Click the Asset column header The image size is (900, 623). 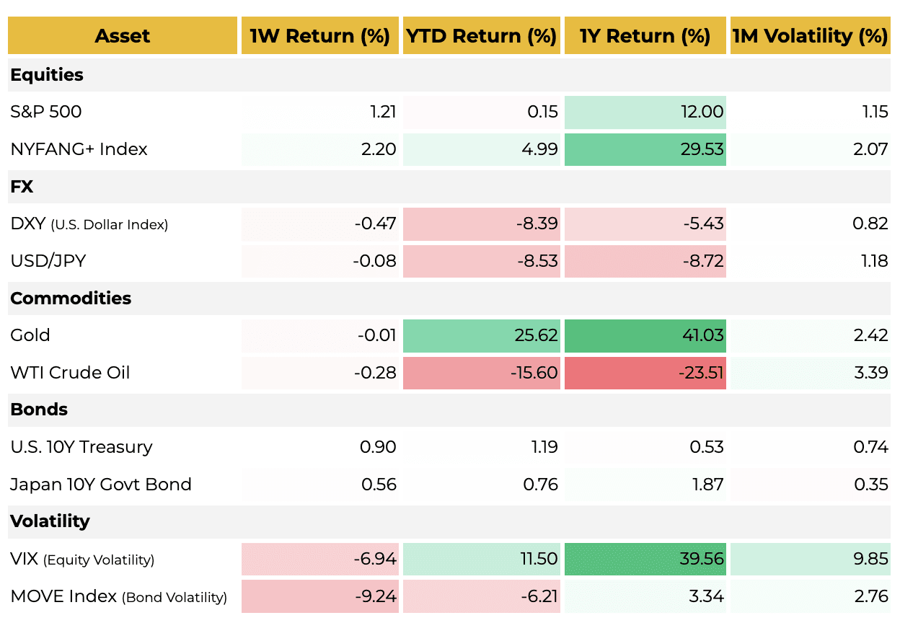pos(122,36)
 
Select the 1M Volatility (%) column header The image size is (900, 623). pos(810,36)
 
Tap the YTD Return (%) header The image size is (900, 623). pos(481,36)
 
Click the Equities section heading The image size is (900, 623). pos(47,75)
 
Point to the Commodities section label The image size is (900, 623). pos(71,299)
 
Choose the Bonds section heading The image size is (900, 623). pos(39,410)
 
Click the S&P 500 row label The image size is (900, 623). pos(46,112)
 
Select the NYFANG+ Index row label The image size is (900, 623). pos(79,149)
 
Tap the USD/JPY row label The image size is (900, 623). pos(48,261)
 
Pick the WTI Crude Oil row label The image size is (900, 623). pos(70,373)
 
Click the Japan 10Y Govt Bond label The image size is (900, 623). pos(101,485)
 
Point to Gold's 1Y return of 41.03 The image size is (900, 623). pos(702,335)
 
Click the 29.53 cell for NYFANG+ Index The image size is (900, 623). pos(702,149)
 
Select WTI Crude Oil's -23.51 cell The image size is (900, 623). pos(701,373)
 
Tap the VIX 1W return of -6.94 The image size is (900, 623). pos(375,559)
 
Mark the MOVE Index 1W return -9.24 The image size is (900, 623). pos(376,596)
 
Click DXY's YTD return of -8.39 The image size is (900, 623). pos(537,224)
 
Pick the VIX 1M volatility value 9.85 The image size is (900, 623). pos(870,559)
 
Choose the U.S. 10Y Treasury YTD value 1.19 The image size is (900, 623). pos(544,447)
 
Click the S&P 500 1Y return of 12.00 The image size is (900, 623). pos(702,112)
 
